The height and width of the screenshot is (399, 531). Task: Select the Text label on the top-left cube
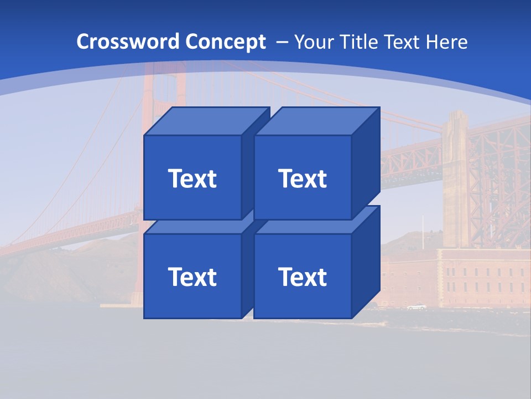tap(192, 178)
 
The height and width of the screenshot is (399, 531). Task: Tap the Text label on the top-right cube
tap(302, 178)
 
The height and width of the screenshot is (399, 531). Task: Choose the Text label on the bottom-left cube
tap(192, 277)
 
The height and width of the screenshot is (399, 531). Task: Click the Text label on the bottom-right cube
tap(302, 277)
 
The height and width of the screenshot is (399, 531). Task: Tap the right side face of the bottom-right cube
tap(366, 262)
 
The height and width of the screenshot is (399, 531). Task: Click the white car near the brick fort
tap(417, 306)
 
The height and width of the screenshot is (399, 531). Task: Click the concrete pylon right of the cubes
tap(455, 177)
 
